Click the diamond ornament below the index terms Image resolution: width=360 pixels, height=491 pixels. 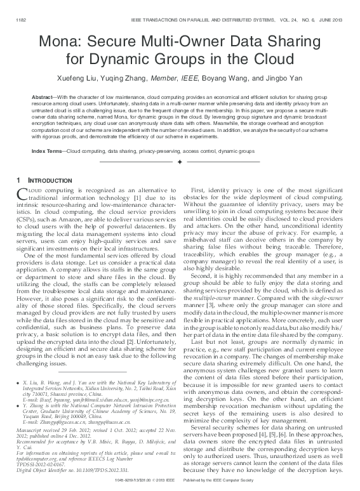click(x=180, y=163)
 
